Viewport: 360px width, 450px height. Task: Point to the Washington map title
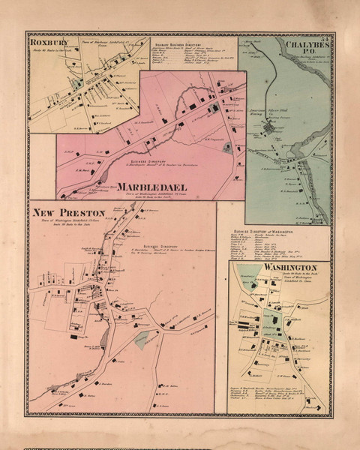point(290,268)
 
